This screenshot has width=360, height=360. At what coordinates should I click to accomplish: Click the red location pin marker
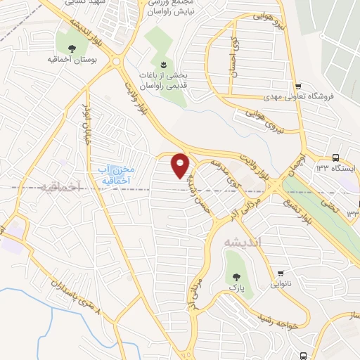coord(181,165)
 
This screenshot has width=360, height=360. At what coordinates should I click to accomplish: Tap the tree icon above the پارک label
coord(232,276)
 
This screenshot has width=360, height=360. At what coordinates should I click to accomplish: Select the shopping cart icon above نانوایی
coord(281,274)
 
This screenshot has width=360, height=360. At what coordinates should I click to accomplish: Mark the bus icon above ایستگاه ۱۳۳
coord(335,157)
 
